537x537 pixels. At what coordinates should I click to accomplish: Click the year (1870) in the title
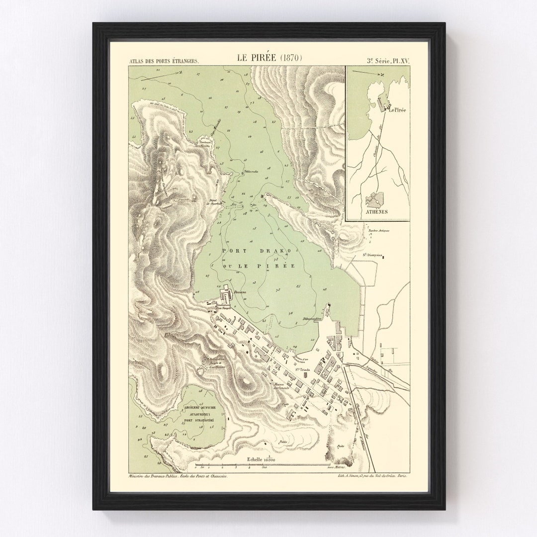click(290, 57)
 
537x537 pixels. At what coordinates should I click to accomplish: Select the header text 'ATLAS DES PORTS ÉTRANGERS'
click(164, 61)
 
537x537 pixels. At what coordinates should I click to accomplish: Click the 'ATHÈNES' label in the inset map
click(377, 211)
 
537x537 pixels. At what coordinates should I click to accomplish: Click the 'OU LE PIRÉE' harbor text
click(259, 266)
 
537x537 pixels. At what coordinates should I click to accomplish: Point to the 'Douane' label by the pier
click(234, 293)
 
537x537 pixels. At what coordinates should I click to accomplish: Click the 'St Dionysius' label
click(371, 255)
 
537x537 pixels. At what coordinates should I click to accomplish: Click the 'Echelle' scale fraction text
click(262, 459)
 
